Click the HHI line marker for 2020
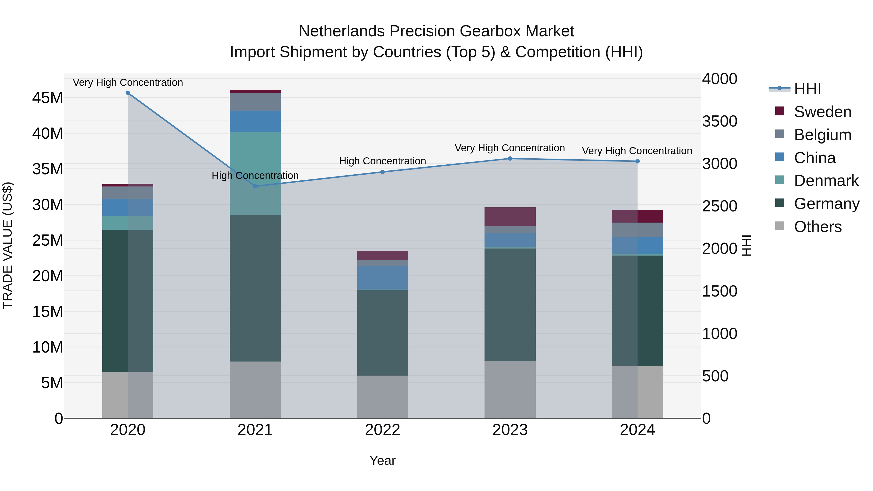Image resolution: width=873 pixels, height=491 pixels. pyautogui.click(x=128, y=93)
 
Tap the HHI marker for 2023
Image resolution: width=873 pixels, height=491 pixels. pyautogui.click(x=510, y=159)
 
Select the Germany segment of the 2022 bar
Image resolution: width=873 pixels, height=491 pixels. pyautogui.click(x=383, y=332)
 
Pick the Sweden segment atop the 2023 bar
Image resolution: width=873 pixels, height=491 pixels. pyautogui.click(x=510, y=217)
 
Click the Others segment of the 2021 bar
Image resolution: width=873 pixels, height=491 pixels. pyautogui.click(x=255, y=389)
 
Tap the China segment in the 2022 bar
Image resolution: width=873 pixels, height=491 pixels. pyautogui.click(x=383, y=278)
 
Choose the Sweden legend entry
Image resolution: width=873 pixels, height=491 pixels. pyautogui.click(x=823, y=112)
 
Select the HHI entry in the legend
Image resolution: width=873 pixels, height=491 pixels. pyautogui.click(x=807, y=89)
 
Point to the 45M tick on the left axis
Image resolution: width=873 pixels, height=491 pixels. pyautogui.click(x=48, y=98)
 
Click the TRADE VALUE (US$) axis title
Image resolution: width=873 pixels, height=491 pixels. pyautogui.click(x=8, y=245)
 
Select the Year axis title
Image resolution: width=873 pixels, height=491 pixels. pyautogui.click(x=383, y=460)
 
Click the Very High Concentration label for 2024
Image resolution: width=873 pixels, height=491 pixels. pyautogui.click(x=637, y=151)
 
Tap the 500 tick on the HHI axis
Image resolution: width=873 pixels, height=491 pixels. pyautogui.click(x=715, y=376)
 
